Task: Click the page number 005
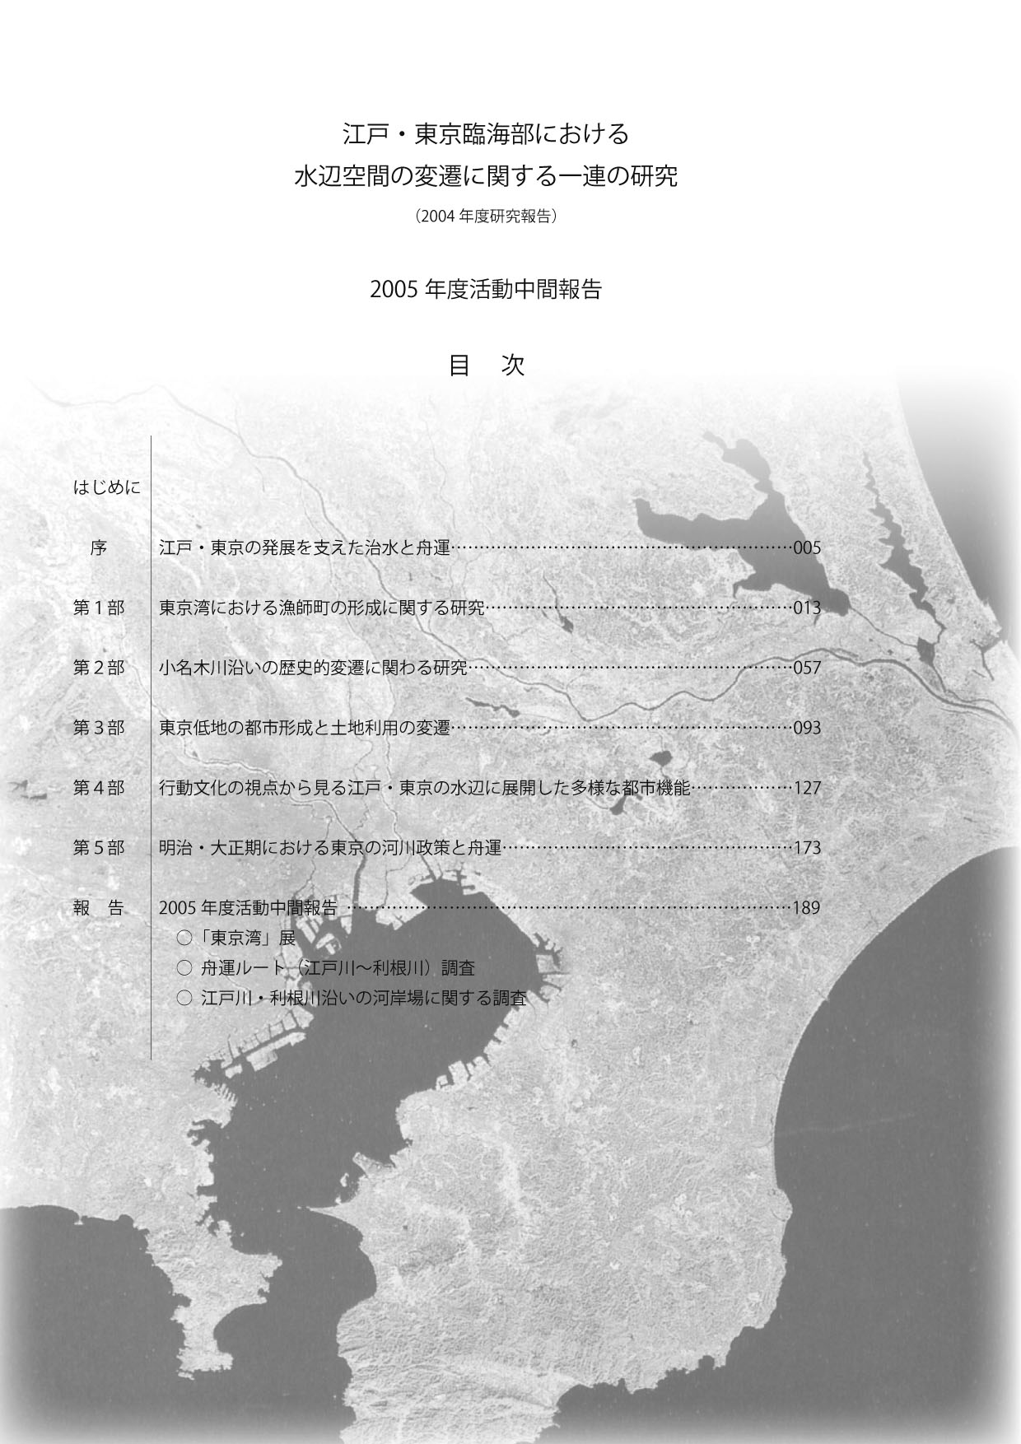pos(807,548)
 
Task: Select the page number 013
pos(807,608)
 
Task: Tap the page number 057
pos(807,668)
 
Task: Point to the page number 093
pos(807,729)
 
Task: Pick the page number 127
pos(807,789)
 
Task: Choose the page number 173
pos(807,849)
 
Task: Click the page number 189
pos(807,909)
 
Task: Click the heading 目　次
pos(486,366)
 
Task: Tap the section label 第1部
pos(99,608)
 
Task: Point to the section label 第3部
pos(99,729)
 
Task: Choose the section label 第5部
pos(99,849)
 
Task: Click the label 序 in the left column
pos(99,548)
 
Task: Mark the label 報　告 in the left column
pos(99,909)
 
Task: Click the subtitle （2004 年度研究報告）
pos(487,217)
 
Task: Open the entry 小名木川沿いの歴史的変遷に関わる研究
pos(314,668)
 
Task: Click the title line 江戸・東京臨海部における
pos(486,133)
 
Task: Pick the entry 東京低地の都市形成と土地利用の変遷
pos(305,729)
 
